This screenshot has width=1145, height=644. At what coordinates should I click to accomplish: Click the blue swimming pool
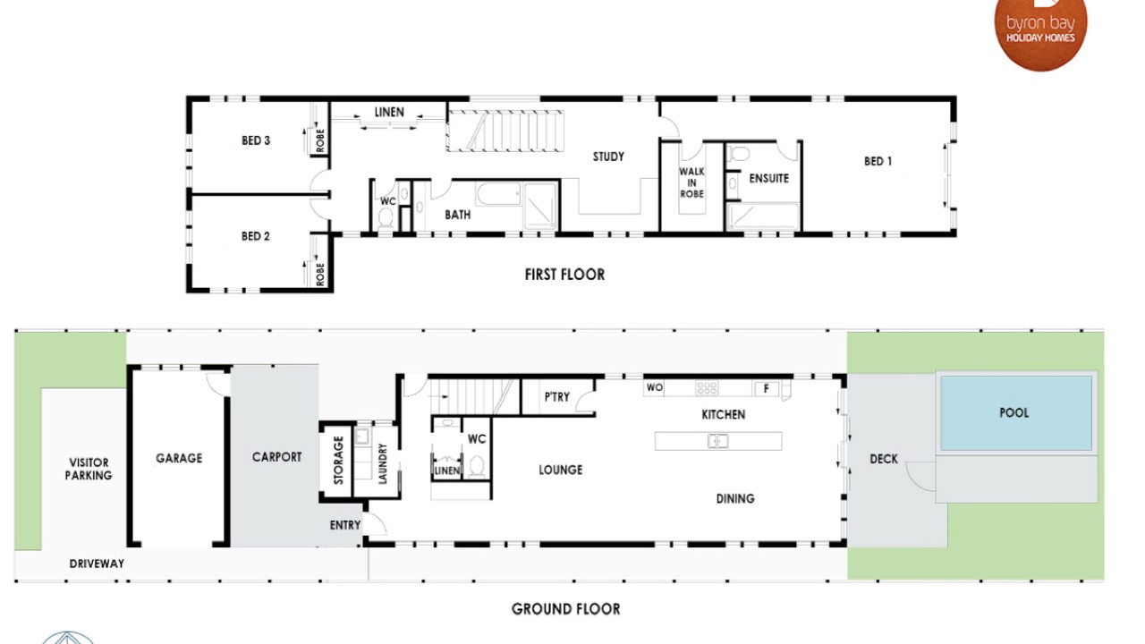1016,413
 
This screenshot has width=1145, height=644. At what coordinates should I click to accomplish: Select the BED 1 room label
878,162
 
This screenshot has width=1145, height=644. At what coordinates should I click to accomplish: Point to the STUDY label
608,157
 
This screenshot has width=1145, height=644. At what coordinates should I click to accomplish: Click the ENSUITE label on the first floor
768,178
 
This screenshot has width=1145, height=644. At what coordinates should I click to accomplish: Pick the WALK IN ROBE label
691,182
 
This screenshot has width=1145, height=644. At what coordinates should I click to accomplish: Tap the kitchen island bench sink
717,441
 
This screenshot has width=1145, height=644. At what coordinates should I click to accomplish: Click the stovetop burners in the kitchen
707,388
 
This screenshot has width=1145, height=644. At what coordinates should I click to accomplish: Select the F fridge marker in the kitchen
767,389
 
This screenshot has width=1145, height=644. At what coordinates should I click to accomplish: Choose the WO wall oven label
654,388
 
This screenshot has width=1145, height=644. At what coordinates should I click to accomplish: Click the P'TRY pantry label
556,397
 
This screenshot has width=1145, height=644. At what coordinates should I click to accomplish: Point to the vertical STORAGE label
338,460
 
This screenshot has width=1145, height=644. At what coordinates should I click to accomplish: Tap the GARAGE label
179,459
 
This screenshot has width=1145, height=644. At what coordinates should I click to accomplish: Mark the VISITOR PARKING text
89,470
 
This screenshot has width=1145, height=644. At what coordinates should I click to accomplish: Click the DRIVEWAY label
97,563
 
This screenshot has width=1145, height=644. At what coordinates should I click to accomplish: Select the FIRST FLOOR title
564,275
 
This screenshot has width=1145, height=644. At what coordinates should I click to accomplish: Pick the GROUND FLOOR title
566,609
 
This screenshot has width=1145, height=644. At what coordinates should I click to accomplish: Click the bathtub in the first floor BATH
498,194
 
